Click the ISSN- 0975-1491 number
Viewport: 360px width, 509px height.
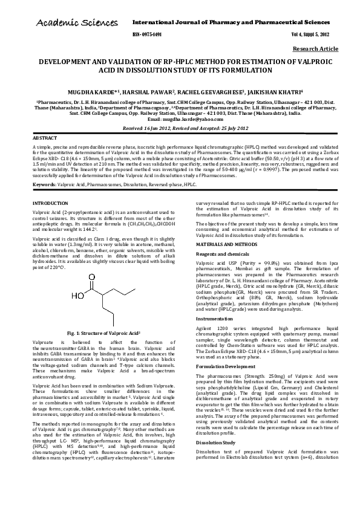(x=146, y=35)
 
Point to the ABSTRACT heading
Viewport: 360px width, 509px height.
(x=44, y=138)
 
